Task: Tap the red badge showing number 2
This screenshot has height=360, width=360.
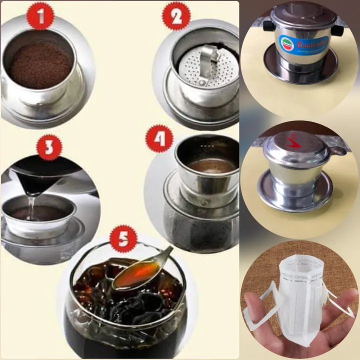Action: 176,18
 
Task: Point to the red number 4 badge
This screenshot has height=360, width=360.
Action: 159,139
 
